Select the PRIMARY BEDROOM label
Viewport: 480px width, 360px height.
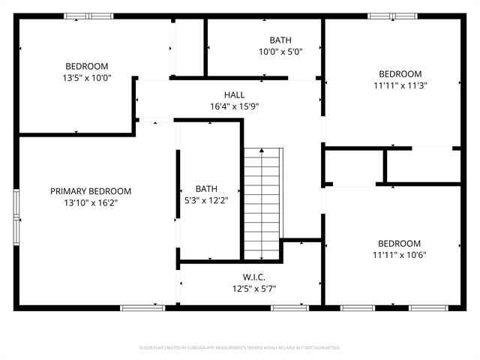(x=91, y=191)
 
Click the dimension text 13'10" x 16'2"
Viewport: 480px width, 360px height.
(x=91, y=202)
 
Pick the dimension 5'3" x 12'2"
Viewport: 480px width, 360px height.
(x=206, y=200)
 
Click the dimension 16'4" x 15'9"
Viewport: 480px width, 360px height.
(x=235, y=106)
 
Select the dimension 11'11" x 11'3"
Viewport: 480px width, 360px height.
(x=400, y=85)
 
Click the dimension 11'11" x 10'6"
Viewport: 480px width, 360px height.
(x=400, y=255)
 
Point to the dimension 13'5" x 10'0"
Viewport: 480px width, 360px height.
(x=87, y=77)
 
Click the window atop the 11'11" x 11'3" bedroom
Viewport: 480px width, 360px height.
(x=392, y=16)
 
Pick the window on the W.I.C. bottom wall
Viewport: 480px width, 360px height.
(x=289, y=307)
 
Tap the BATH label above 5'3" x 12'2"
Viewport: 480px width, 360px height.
(x=206, y=189)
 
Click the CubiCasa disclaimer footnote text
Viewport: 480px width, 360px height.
(x=240, y=347)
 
